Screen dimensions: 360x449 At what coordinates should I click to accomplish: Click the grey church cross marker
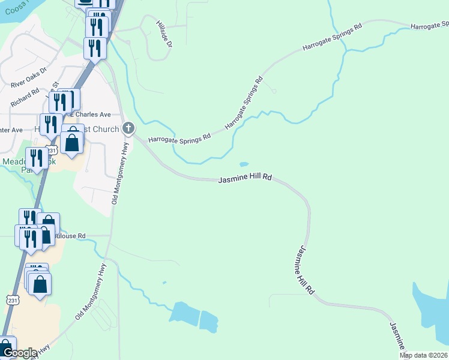(x=128, y=128)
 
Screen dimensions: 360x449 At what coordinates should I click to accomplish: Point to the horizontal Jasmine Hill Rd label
(x=245, y=179)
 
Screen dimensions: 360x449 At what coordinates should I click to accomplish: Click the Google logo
(x=19, y=353)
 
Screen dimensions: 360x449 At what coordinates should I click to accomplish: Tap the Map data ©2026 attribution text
(x=424, y=355)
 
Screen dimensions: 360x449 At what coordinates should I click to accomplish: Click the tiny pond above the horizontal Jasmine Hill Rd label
(x=243, y=164)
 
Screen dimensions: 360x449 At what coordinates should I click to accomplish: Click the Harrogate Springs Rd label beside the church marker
(x=179, y=137)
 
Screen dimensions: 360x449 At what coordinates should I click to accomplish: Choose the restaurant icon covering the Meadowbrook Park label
(x=37, y=158)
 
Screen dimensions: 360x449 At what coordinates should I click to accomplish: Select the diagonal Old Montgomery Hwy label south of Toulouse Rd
(x=90, y=292)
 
